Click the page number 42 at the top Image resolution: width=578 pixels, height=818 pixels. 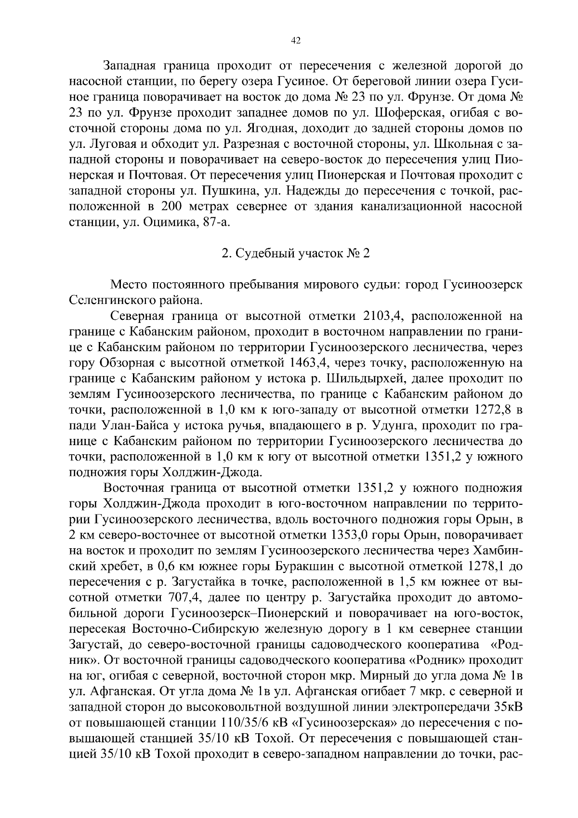(296, 41)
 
